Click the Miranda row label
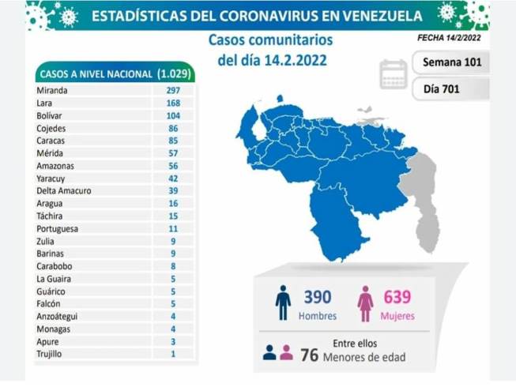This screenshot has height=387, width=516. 52,90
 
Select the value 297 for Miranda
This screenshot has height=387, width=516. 173,90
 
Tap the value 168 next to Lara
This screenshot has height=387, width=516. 173,103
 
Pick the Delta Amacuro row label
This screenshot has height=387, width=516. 64,190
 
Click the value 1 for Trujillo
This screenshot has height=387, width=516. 173,354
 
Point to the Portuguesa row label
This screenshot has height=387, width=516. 57,229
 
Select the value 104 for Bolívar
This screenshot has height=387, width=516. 173,116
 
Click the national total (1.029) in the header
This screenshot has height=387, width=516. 174,73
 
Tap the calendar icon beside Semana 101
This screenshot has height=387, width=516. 394,74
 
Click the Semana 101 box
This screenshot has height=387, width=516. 451,62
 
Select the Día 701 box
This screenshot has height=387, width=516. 451,89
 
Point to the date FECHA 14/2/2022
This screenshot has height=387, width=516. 449,38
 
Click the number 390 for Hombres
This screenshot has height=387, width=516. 318,297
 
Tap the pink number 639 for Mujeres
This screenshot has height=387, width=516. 397,297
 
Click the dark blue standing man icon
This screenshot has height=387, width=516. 283,302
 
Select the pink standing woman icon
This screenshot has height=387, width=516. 365,303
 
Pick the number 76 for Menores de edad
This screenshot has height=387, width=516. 309,355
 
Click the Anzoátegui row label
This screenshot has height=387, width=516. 57,316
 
